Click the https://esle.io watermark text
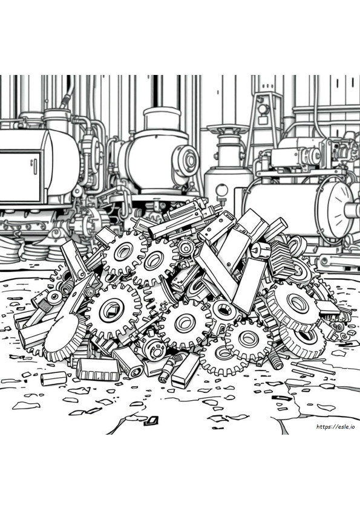(x=335, y=427)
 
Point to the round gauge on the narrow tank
(x=222, y=189)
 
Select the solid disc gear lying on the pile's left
(x=64, y=338)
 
